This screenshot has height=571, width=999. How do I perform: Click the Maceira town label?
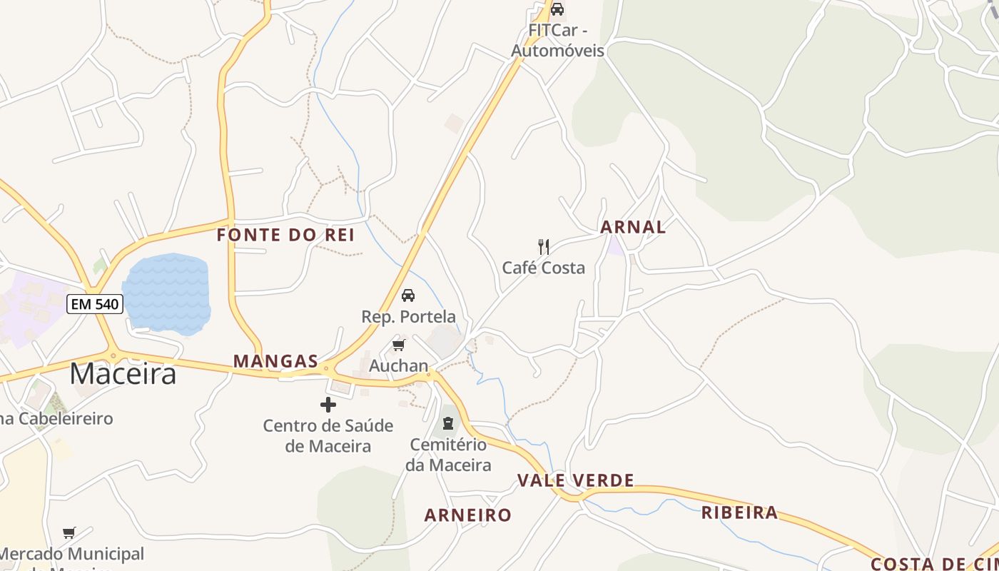[123, 373]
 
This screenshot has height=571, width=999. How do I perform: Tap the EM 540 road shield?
[95, 304]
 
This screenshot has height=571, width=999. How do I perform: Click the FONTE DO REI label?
[285, 235]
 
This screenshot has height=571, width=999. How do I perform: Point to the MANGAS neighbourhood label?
[275, 361]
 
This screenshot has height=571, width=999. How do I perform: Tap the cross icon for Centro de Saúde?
[328, 405]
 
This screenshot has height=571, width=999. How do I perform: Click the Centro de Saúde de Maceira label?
[328, 436]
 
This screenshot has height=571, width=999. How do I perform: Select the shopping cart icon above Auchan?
[398, 345]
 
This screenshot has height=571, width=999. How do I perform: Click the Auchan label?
[398, 366]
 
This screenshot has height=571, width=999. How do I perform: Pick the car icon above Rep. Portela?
[408, 295]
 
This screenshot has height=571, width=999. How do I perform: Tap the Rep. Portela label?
[408, 316]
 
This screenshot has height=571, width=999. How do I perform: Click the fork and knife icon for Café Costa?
[544, 247]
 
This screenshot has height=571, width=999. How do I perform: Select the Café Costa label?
[544, 268]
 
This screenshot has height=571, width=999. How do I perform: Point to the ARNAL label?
[633, 227]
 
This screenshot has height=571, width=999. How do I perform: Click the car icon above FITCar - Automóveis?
[557, 9]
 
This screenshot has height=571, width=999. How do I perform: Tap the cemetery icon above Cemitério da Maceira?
[447, 423]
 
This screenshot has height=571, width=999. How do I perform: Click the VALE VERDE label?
[576, 480]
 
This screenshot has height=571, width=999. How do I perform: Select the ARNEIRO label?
[468, 515]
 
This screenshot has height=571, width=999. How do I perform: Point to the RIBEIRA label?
[739, 512]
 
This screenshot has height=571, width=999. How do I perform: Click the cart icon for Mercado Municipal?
[69, 532]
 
